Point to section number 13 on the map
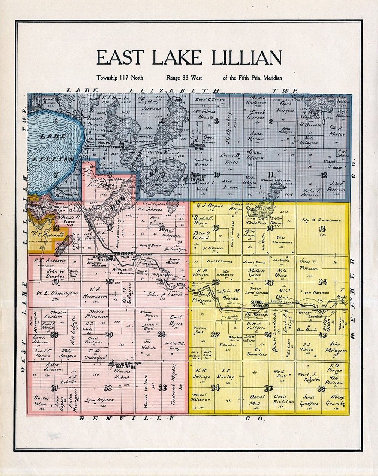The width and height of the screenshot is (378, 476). pos(322,229)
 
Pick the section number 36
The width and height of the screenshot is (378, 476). pos(321,389)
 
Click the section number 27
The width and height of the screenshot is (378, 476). pos(215,334)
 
